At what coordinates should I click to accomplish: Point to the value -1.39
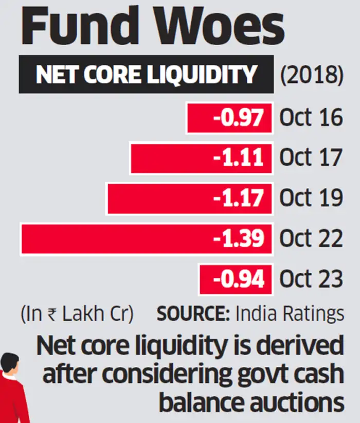[x=241, y=239]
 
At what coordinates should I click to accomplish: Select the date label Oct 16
[x=311, y=118]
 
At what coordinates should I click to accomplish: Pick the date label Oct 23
[x=311, y=279]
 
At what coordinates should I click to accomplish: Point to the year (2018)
[x=311, y=75]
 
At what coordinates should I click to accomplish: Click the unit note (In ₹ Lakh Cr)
[x=76, y=314]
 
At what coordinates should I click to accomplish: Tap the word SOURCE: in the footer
[x=190, y=314]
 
